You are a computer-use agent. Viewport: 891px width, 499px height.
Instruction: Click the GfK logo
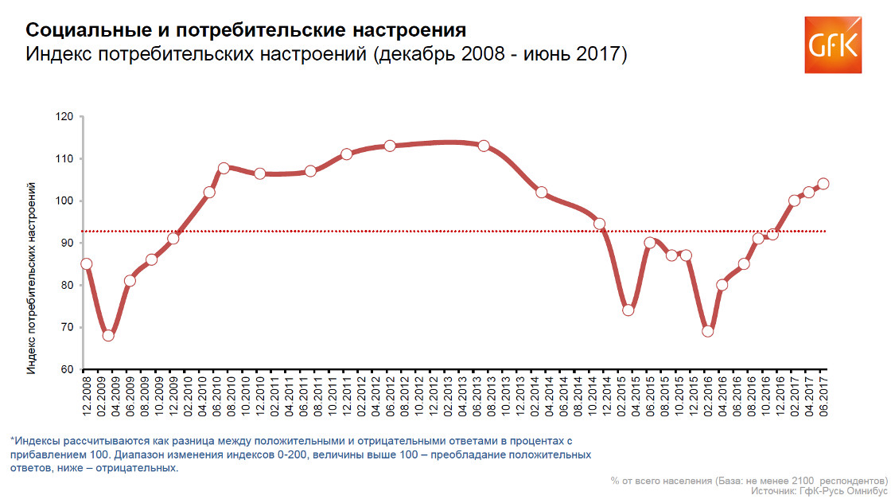833,45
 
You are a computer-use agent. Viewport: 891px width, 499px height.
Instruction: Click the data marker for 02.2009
108,335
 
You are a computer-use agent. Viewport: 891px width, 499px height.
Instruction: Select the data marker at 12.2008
87,263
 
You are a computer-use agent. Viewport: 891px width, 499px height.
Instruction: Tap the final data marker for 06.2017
823,184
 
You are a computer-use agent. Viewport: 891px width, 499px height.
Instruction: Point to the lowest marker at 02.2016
707,331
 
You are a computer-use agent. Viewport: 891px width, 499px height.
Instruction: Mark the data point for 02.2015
628,310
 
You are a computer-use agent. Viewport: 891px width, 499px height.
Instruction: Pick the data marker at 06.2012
390,146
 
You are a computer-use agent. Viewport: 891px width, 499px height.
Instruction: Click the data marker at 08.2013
484,146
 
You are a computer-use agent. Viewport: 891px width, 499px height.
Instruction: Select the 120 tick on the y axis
64,116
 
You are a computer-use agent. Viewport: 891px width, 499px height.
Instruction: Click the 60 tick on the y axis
68,369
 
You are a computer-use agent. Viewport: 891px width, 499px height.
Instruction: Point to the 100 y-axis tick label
64,201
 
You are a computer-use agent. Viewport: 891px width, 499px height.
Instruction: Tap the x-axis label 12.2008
87,396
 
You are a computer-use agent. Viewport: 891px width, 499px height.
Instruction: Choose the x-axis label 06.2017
823,396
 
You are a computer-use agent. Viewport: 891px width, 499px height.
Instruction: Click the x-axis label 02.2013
448,396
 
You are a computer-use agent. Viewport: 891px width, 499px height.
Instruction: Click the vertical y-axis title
31,278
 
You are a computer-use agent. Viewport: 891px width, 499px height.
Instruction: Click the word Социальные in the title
91,30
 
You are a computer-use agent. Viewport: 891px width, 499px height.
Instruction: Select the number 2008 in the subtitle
482,54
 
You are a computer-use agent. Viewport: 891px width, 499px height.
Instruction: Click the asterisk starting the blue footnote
13,439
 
